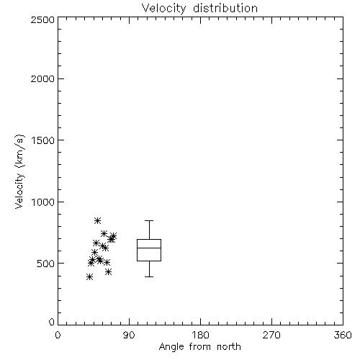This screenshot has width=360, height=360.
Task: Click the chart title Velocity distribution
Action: tap(199, 9)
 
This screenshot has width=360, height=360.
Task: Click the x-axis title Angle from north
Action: tap(199, 346)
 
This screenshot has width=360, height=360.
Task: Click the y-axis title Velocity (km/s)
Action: tap(19, 171)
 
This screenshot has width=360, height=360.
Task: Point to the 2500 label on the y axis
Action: tap(42, 19)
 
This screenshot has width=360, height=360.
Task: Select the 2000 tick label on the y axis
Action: tap(42, 78)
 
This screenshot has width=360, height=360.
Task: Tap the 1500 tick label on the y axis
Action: tap(43, 140)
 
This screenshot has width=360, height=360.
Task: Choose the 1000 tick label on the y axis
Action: tap(43, 202)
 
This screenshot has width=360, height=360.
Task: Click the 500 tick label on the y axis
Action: tap(46, 264)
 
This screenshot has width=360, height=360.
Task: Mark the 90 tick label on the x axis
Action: tap(129, 335)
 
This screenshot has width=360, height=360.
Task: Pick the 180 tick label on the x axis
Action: tap(200, 335)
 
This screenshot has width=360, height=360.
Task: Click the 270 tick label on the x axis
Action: tap(271, 335)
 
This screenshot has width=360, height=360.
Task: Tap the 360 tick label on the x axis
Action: tap(343, 335)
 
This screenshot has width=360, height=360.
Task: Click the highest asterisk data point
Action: tap(97, 220)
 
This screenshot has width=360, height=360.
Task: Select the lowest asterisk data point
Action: tap(89, 277)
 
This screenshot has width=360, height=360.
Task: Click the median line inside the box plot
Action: tap(149, 248)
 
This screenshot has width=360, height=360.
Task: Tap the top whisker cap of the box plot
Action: tap(149, 220)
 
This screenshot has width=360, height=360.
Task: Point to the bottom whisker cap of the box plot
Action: tap(149, 276)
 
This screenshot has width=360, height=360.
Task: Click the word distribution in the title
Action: tap(225, 9)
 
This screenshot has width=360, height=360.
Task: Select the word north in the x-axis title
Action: tap(229, 346)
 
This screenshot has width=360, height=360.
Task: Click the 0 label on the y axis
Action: tap(52, 322)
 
